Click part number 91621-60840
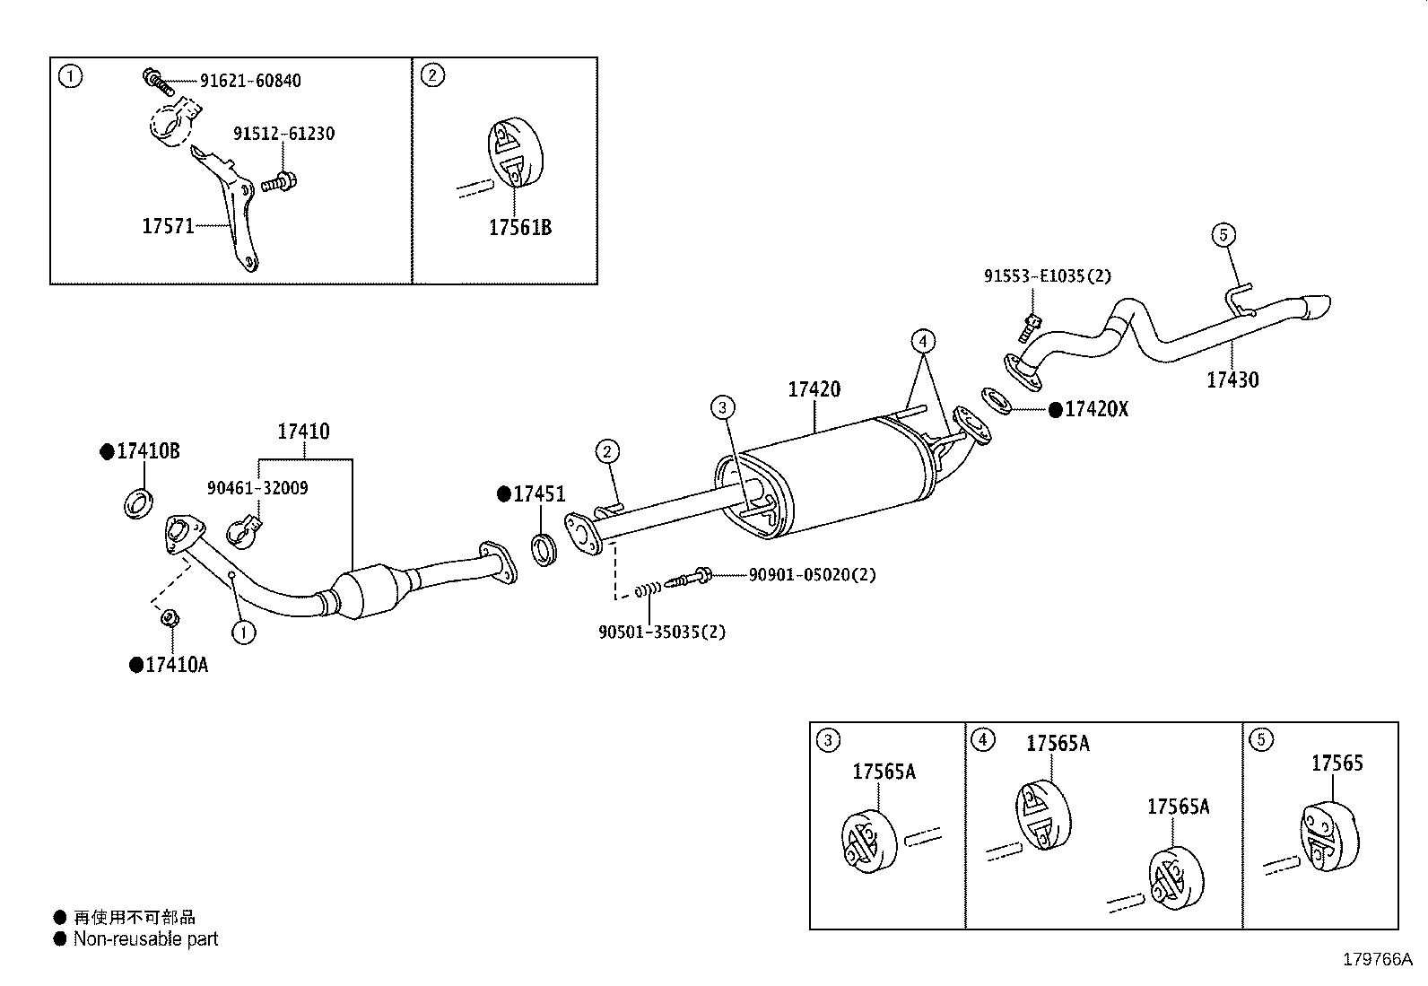(x=249, y=81)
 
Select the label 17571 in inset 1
(x=168, y=226)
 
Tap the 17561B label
(x=519, y=228)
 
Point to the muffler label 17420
(x=814, y=389)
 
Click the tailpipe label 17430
(x=1232, y=380)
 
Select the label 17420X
(x=1095, y=410)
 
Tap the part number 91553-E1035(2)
(x=1047, y=276)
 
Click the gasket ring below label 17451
(x=544, y=550)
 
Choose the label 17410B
(x=147, y=451)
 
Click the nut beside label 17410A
(x=168, y=618)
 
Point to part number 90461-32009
(x=257, y=488)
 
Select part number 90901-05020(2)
(x=812, y=574)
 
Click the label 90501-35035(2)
(x=662, y=632)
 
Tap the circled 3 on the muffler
(x=723, y=408)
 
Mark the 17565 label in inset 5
(x=1337, y=763)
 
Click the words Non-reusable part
(x=145, y=939)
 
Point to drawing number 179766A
(x=1377, y=960)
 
